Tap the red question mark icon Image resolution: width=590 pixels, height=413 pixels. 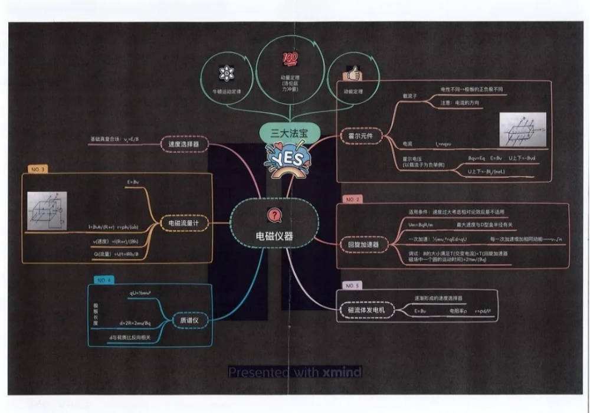click(273, 216)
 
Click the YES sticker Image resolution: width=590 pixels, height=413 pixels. click(287, 159)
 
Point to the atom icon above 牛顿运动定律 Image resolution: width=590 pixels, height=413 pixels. click(226, 74)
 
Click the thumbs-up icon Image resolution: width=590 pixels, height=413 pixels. click(353, 75)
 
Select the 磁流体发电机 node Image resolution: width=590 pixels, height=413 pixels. click(366, 310)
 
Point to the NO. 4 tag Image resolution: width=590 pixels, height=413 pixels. click(104, 280)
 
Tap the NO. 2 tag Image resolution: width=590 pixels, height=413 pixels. click(353, 200)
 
